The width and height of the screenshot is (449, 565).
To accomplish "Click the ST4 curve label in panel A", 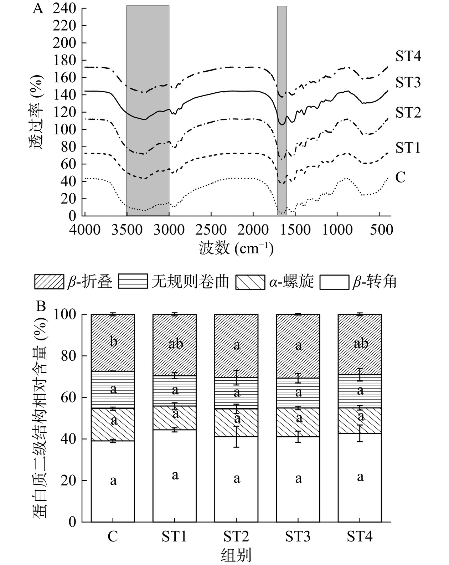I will [x=408, y=56].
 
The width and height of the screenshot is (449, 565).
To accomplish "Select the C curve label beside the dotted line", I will [x=400, y=177].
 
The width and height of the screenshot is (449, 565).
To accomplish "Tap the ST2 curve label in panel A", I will [x=408, y=113].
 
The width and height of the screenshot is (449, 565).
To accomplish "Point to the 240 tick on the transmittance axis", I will [x=64, y=9].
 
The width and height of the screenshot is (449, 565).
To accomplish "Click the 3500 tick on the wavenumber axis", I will [x=127, y=230].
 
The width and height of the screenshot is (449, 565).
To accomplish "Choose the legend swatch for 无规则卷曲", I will [x=133, y=282].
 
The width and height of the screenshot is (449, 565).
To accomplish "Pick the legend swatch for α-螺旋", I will [x=250, y=282].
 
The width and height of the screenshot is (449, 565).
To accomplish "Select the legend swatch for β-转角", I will [x=334, y=282].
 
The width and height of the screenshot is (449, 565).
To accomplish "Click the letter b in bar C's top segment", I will [x=113, y=341].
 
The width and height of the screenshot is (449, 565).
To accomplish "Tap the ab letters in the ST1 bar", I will [x=175, y=344].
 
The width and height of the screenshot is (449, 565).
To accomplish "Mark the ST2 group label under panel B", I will [x=236, y=536].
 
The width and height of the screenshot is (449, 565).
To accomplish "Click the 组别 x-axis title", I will [x=236, y=555].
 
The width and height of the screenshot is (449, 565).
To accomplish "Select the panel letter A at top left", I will [x=38, y=9].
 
